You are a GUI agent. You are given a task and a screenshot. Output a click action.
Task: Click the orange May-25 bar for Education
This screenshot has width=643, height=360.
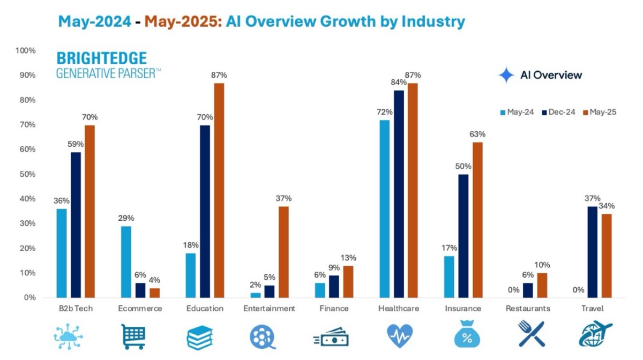tap(219, 190)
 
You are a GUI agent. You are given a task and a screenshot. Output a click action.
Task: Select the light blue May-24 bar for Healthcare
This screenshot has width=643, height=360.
tap(384, 208)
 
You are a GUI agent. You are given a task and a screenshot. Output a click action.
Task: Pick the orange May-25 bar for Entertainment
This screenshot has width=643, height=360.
tap(283, 252)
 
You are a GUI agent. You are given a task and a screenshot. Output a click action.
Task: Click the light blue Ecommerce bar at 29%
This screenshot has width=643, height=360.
tap(126, 261)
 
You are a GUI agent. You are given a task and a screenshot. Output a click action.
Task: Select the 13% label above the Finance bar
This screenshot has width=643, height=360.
tap(348, 258)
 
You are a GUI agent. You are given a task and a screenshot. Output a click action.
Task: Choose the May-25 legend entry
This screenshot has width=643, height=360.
tap(599, 112)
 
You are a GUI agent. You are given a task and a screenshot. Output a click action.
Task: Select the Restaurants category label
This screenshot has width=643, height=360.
tap(528, 309)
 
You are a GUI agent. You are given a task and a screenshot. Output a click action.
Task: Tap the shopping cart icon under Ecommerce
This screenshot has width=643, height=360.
tap(133, 336)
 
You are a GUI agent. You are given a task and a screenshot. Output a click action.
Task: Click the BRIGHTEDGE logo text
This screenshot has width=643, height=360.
tap(101, 58)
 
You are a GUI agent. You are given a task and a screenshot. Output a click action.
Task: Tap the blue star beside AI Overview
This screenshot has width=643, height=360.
tap(506, 75)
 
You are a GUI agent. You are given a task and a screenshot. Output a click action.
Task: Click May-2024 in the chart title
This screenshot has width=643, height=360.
tap(94, 21)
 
